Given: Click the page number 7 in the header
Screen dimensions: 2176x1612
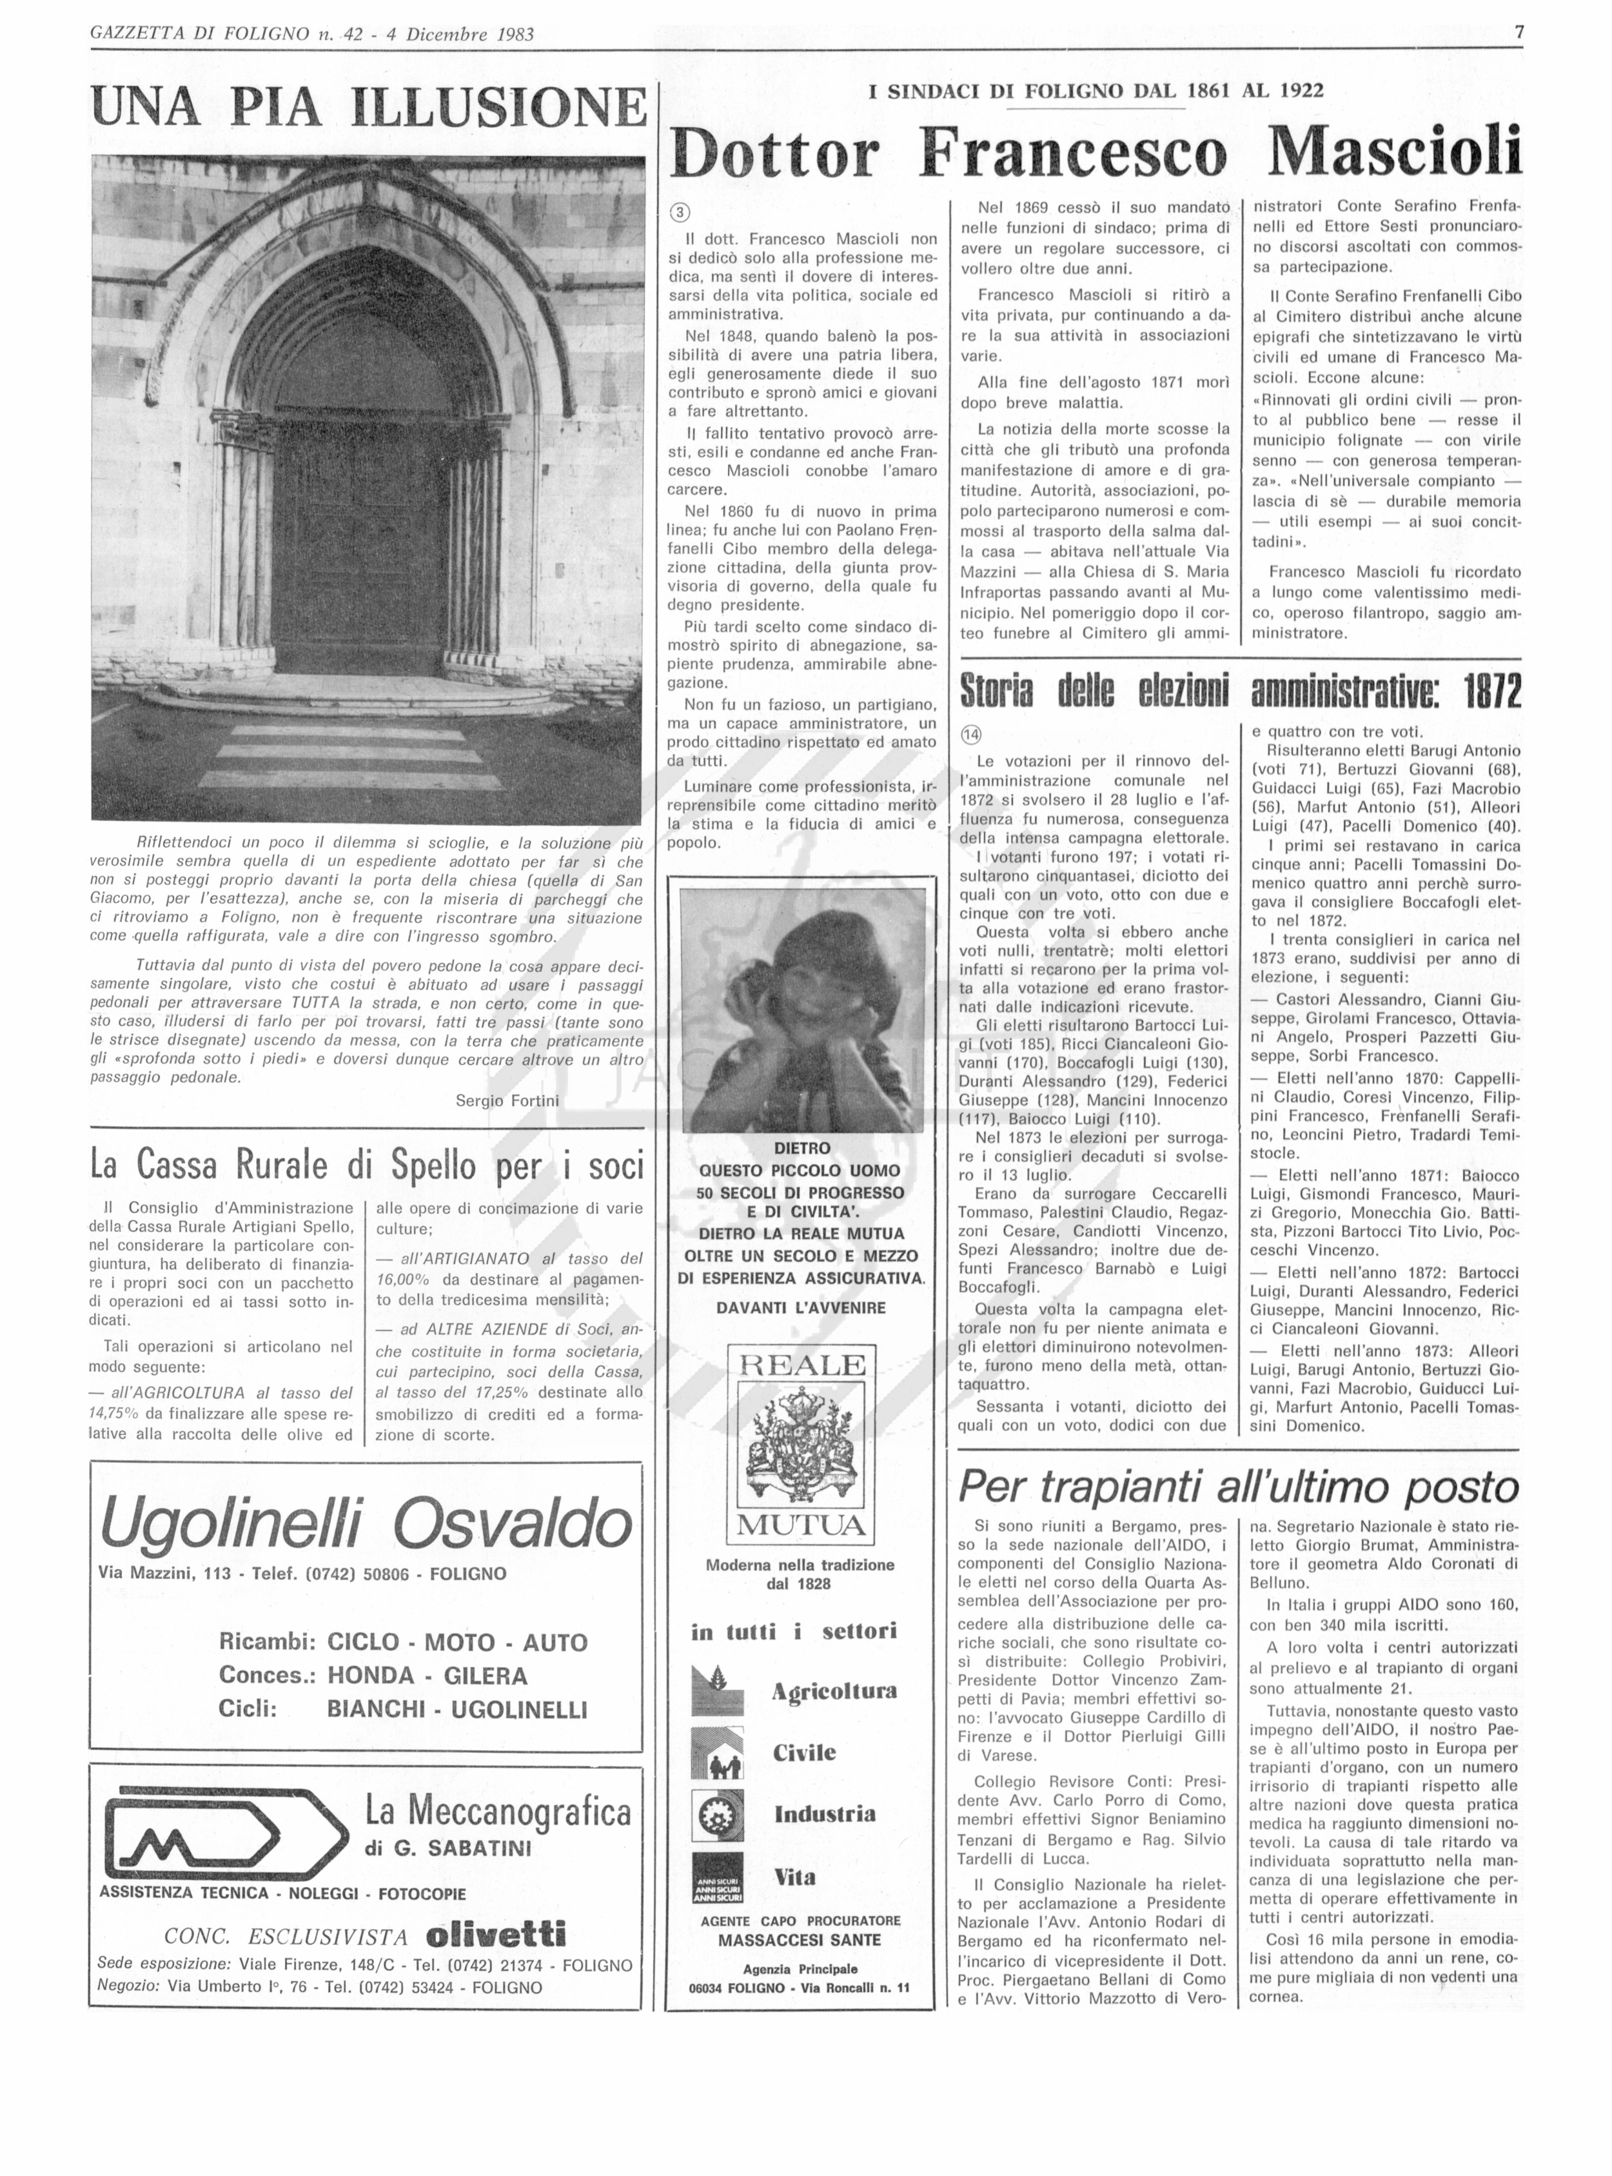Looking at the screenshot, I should click(x=1519, y=32).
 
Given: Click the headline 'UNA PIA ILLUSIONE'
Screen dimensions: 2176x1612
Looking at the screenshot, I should click(x=368, y=107).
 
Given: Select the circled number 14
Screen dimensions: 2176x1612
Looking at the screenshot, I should click(x=971, y=735).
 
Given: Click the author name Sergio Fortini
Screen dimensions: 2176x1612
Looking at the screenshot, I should click(x=507, y=1101).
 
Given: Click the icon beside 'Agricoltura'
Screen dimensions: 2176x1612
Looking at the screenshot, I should click(x=716, y=1690).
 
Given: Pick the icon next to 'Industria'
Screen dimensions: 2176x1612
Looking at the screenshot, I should click(x=716, y=1813).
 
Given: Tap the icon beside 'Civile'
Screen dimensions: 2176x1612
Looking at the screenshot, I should click(x=716, y=1752).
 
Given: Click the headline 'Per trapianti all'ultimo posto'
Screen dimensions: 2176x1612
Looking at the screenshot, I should click(x=1238, y=1487).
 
